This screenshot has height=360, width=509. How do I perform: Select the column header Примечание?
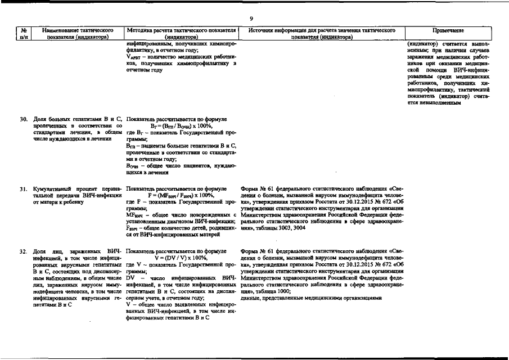tap(448, 29)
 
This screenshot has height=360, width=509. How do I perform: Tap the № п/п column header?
tap(24, 33)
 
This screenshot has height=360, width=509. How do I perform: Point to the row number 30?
tap(24, 120)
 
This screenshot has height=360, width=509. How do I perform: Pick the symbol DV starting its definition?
tap(130, 278)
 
